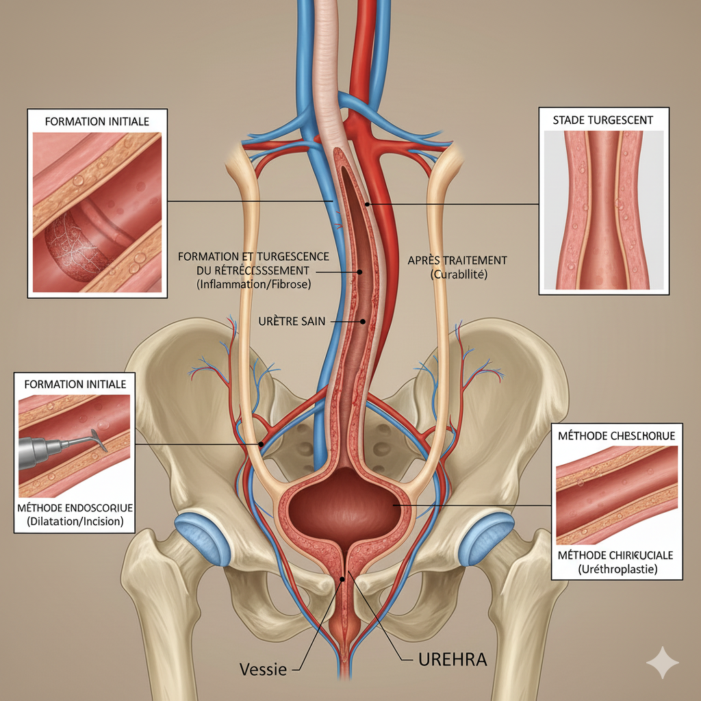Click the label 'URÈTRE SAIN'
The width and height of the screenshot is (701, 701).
tap(288, 321)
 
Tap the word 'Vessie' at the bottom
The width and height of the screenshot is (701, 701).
tap(264, 669)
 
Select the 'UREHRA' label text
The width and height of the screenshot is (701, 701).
tap(453, 660)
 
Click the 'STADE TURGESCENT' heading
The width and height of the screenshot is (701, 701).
tap(602, 120)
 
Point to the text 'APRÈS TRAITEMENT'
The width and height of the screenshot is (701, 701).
tap(457, 260)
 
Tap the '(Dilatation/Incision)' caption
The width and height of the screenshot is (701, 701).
tap(75, 521)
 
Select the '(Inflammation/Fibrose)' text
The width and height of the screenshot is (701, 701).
tap(253, 283)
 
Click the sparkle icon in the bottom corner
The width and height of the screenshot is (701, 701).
tap(663, 663)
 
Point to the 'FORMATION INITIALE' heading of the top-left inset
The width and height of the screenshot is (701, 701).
tap(97, 121)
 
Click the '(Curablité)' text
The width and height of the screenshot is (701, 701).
tap(457, 274)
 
